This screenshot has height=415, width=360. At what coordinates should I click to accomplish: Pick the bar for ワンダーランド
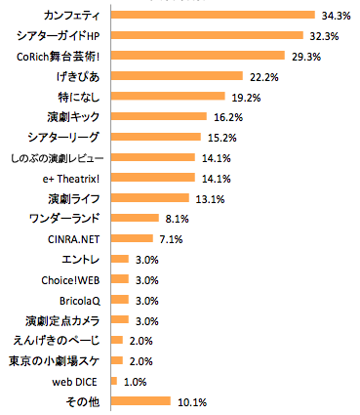click(x=136, y=218)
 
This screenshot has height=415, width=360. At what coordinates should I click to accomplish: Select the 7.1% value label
click(x=172, y=238)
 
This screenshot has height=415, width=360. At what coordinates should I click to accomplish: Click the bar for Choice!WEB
click(x=120, y=279)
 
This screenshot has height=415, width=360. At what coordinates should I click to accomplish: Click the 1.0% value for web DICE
click(x=136, y=381)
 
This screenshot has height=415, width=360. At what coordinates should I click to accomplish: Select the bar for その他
click(x=141, y=400)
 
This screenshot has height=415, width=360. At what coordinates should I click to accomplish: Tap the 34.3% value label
click(x=338, y=15)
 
